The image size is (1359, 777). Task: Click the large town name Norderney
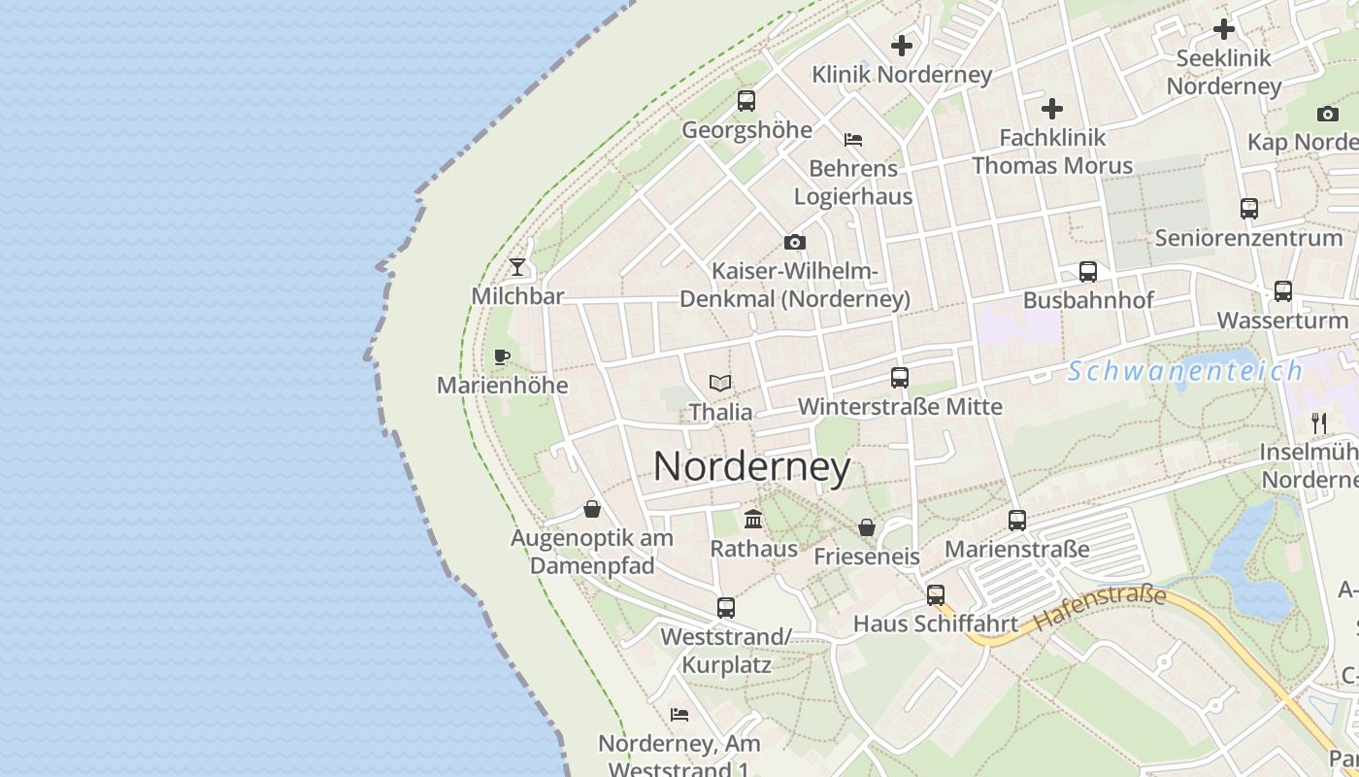(x=751, y=467)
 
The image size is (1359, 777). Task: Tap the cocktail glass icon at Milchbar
(x=517, y=266)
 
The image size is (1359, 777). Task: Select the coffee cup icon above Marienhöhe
(x=502, y=356)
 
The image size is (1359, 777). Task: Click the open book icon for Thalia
(x=720, y=383)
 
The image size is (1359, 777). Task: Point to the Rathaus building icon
(x=753, y=519)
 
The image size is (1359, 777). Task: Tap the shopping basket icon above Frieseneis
(x=867, y=527)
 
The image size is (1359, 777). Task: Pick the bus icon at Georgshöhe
(x=746, y=100)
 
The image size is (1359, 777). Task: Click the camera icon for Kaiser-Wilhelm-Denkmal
(x=795, y=242)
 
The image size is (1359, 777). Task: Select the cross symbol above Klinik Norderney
(x=902, y=45)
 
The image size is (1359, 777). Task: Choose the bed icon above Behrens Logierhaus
(x=853, y=140)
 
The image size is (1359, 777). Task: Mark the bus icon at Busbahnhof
(x=1088, y=271)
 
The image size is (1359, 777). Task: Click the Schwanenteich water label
(x=1185, y=370)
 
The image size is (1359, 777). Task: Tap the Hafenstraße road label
(x=1099, y=607)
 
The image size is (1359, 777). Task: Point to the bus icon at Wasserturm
(x=1283, y=290)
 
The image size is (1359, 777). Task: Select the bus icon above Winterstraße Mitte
(x=900, y=378)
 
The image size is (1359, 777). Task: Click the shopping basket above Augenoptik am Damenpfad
(x=592, y=509)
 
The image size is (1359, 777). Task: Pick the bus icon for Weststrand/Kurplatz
(x=726, y=608)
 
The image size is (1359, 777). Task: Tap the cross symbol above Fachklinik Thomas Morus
(x=1052, y=109)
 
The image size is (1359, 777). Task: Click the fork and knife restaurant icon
(x=1319, y=422)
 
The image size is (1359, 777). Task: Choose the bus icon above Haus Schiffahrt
(x=936, y=594)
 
